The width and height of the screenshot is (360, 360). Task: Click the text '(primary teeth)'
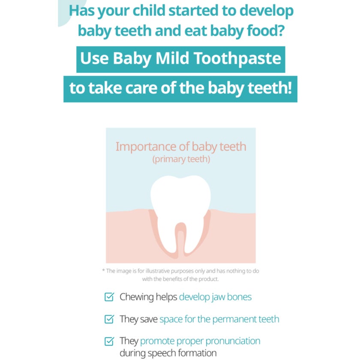tap(180, 159)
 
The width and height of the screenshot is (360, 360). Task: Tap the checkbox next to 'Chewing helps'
tap(110, 297)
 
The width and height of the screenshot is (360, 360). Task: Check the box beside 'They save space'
tap(110, 319)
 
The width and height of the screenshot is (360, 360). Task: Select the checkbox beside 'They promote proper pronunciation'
tap(110, 342)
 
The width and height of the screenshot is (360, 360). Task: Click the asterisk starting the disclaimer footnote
tap(103, 271)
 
